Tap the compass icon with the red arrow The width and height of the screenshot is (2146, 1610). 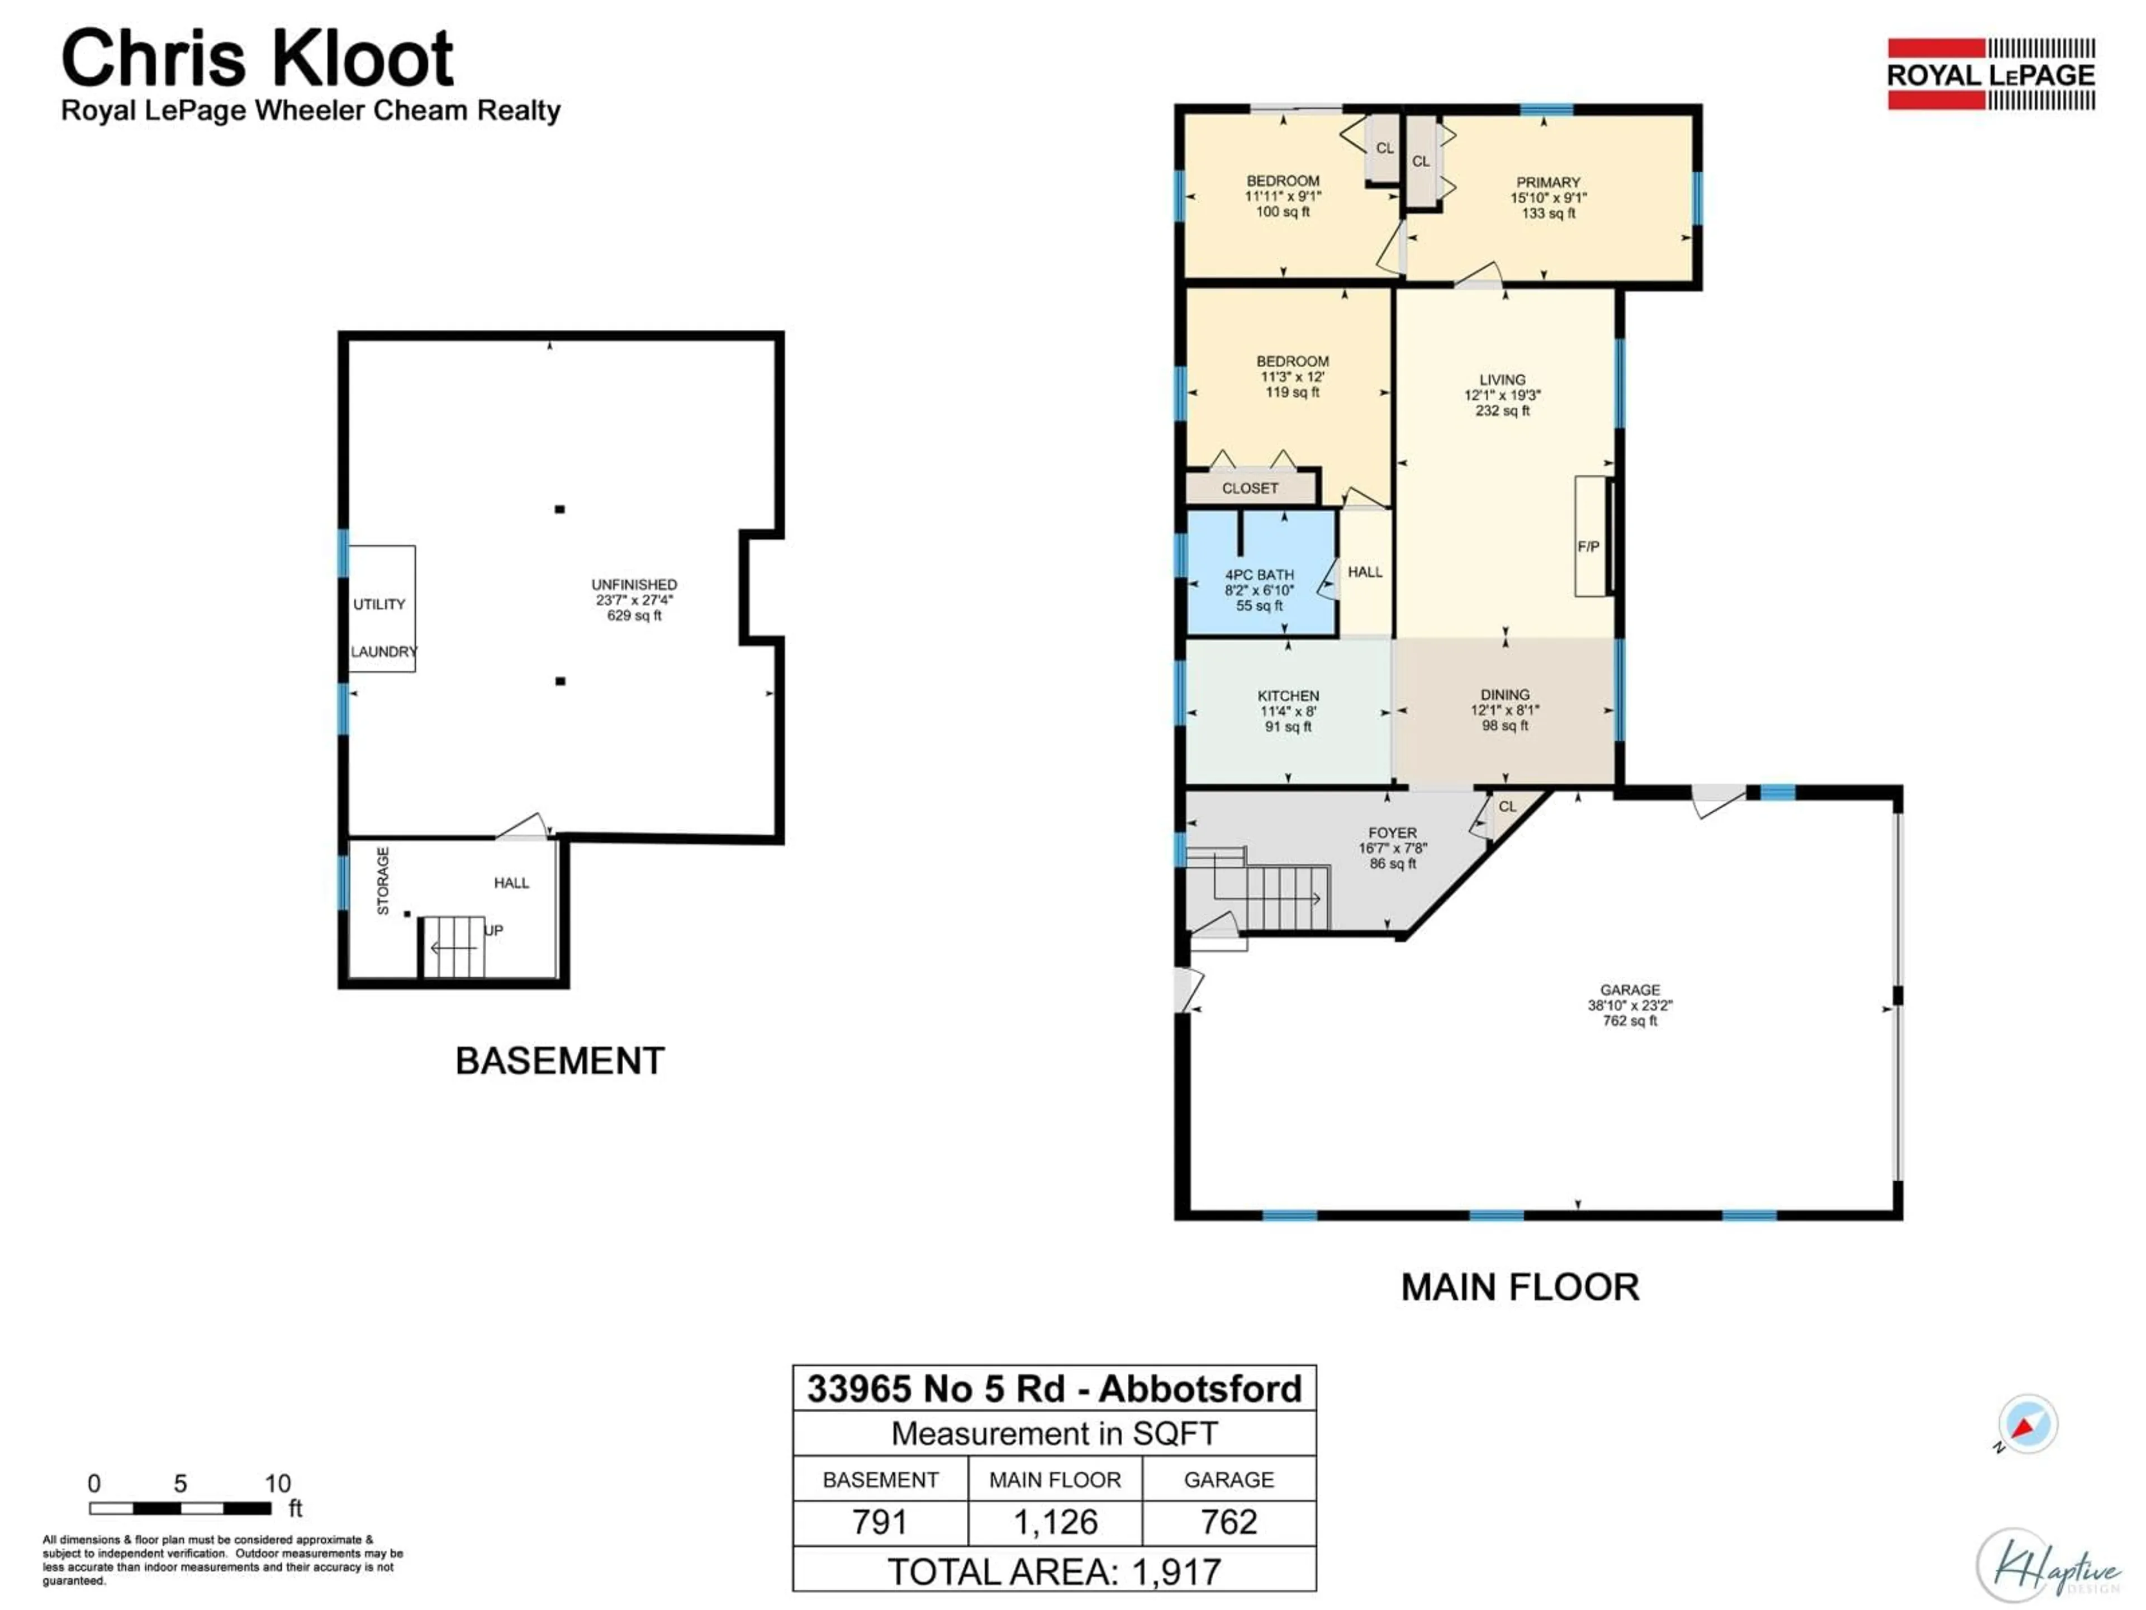pyautogui.click(x=2026, y=1424)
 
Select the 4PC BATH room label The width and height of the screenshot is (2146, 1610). pyautogui.click(x=1259, y=590)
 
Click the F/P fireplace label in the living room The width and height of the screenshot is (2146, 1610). pyautogui.click(x=1587, y=546)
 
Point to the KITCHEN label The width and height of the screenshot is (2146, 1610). pyautogui.click(x=1288, y=711)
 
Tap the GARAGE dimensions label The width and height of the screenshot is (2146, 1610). pyautogui.click(x=1630, y=1005)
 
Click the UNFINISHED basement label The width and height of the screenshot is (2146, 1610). pyautogui.click(x=634, y=599)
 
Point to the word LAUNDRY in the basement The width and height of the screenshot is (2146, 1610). pyautogui.click(x=383, y=651)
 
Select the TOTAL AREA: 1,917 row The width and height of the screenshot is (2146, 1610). pyautogui.click(x=1055, y=1571)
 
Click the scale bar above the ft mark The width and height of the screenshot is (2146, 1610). pyautogui.click(x=181, y=1508)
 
